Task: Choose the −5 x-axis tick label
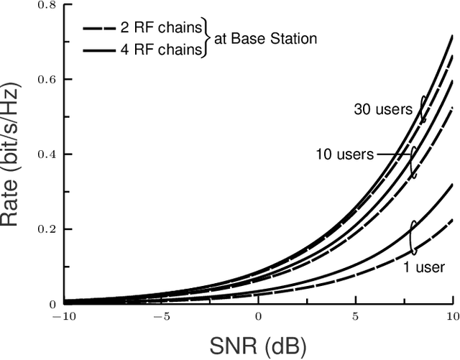click(161, 316)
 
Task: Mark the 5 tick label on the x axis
click(355, 316)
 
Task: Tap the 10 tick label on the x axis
click(451, 316)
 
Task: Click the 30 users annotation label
click(382, 110)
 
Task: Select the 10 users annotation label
click(344, 154)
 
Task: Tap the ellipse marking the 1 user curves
click(413, 237)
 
